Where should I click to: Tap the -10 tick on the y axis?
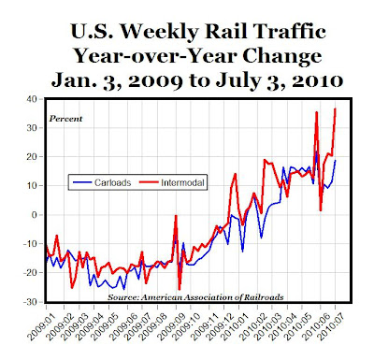point(30,243)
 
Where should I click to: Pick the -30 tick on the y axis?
point(30,301)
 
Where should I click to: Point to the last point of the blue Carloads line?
point(335,161)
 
